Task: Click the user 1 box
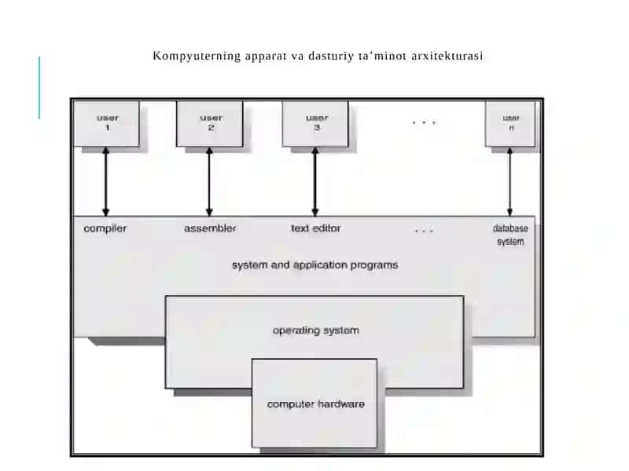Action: pos(107,124)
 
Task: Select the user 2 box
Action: pos(210,124)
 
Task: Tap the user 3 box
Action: pos(315,124)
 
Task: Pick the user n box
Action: pos(510,124)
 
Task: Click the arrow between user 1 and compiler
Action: pos(106,182)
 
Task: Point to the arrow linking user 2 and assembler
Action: pos(209,182)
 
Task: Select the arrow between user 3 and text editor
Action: pos(315,182)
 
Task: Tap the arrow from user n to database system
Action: pos(509,182)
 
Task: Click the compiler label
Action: pos(105,228)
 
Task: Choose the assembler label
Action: pos(210,228)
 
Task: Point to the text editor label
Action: pos(316,228)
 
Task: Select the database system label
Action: pos(510,235)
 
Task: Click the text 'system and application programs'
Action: pos(315,265)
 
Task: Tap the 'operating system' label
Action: pos(316,330)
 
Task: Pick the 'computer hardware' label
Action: pos(316,404)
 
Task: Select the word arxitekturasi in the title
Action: pos(447,56)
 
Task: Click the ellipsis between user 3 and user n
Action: pos(424,123)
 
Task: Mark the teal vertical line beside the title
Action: pos(39,88)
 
